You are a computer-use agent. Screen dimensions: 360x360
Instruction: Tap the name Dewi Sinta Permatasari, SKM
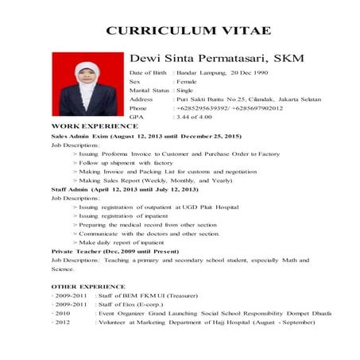pos(215,58)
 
